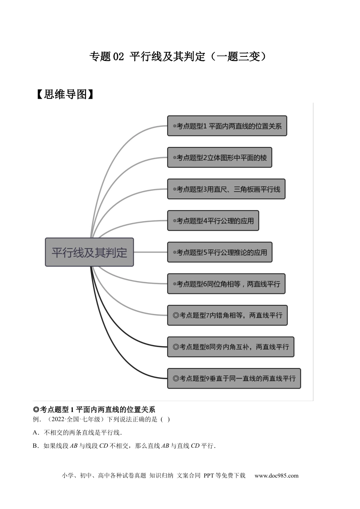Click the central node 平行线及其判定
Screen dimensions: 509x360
tap(89, 252)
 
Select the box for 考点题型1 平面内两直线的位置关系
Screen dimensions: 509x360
tap(227, 126)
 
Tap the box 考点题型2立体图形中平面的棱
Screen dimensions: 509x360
tap(220, 158)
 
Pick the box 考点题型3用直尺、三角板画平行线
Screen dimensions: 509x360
tap(226, 189)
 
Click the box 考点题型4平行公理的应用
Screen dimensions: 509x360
tap(213, 220)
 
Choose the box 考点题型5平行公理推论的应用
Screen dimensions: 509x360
tap(220, 252)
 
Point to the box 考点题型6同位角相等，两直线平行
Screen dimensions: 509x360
tap(226, 284)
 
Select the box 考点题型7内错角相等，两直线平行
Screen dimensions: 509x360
tap(227, 315)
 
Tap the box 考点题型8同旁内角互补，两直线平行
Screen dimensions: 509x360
tap(231, 347)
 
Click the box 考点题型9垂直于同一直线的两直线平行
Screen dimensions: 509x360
tap(234, 378)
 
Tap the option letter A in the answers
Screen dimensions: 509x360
tap(35, 432)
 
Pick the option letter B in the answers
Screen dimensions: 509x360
tap(35, 446)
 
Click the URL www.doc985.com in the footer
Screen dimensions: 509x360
tap(276, 476)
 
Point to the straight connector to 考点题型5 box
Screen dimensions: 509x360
tap(150, 252)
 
